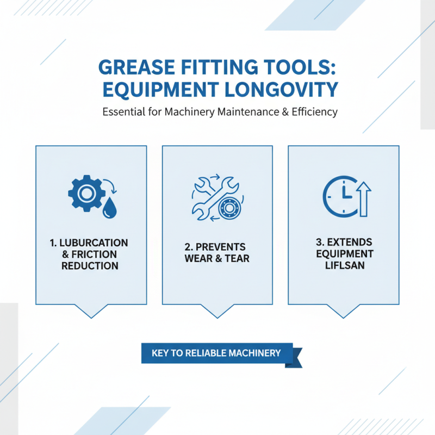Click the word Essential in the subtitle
point(121,113)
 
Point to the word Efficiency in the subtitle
point(314,113)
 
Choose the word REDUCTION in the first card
point(90,266)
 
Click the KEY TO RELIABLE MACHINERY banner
point(216,353)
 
